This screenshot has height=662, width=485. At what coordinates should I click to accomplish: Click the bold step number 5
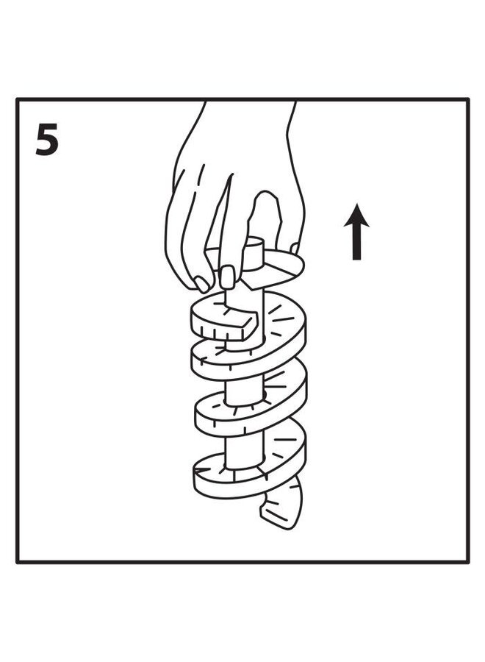[x=46, y=140]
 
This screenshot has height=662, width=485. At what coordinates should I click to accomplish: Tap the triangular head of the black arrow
[x=356, y=216]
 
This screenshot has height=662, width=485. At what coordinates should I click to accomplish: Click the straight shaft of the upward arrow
[x=356, y=243]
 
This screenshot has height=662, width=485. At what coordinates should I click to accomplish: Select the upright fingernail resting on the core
[x=228, y=277]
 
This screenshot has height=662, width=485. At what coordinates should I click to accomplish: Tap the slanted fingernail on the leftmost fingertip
[x=202, y=284]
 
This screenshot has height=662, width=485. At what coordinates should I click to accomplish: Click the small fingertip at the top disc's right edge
[x=295, y=246]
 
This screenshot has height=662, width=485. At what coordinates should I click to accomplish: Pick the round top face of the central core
[x=254, y=242]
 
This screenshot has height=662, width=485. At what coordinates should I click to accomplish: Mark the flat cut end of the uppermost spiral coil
[x=250, y=324]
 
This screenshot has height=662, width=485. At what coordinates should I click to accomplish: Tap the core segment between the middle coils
[x=244, y=392]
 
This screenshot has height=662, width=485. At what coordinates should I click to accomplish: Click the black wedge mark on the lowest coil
[x=201, y=469]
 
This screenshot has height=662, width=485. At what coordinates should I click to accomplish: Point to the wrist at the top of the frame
[x=250, y=110]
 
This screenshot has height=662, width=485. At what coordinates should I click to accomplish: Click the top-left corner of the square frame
[x=18, y=99]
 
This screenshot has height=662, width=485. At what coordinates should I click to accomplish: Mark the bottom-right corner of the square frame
[x=468, y=562]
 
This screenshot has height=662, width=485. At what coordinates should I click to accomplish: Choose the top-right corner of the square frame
[x=468, y=99]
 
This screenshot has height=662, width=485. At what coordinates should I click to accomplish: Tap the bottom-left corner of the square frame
[x=18, y=562]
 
